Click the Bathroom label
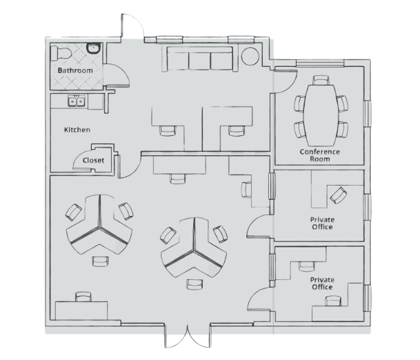(x=74, y=70)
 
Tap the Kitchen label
(x=77, y=130)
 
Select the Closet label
(x=93, y=160)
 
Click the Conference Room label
(x=319, y=154)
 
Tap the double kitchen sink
(x=76, y=103)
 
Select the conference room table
(x=321, y=108)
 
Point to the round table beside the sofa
(x=250, y=57)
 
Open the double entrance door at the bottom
(x=186, y=337)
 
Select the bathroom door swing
(x=114, y=74)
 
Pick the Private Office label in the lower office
(x=322, y=283)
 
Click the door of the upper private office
(x=259, y=226)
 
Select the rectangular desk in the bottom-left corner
(x=81, y=310)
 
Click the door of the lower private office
(x=260, y=298)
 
